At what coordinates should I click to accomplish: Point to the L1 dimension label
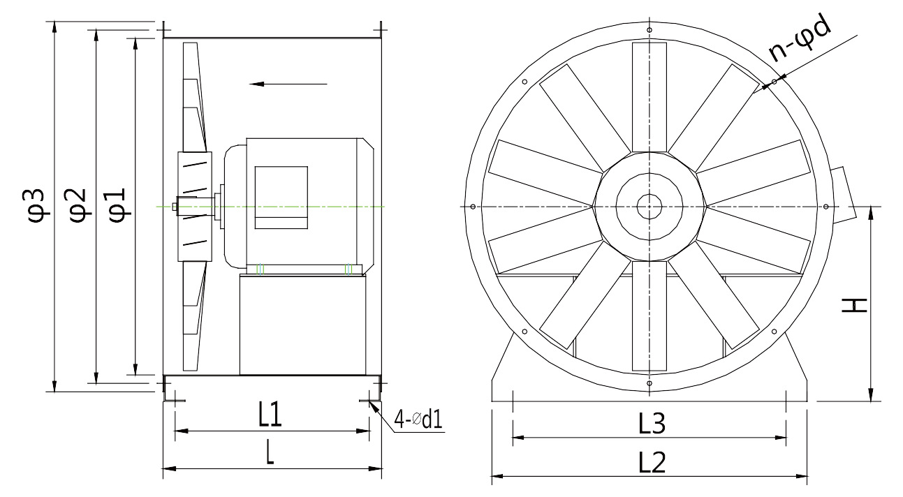pos(270,415)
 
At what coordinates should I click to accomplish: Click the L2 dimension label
pos(652,462)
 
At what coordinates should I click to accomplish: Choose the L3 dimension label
pos(652,423)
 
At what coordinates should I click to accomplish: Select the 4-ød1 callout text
pos(418,420)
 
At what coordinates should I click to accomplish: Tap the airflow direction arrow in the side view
pos(288,84)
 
